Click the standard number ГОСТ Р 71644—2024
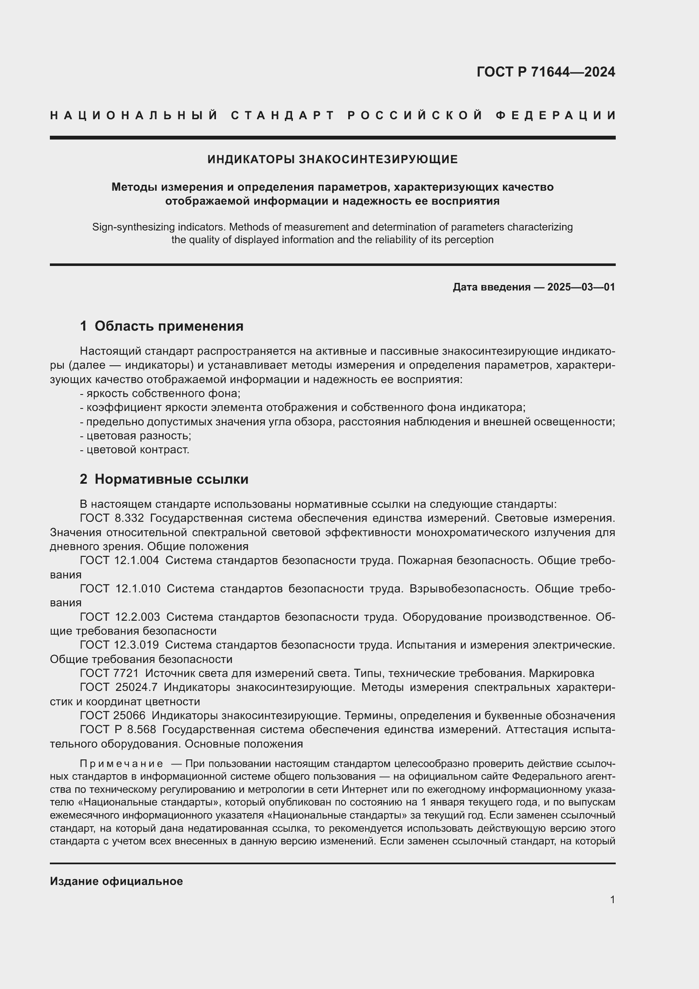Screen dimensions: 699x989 click(545, 71)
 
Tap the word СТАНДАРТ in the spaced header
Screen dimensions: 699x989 click(283, 115)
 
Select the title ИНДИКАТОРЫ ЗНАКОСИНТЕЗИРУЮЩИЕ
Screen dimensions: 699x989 click(332, 159)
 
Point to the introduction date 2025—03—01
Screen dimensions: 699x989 click(581, 287)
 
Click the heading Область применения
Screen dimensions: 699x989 click(169, 326)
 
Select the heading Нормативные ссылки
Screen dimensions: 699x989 click(171, 479)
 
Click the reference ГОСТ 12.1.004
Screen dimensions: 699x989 click(119, 560)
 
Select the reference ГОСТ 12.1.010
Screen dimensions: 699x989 click(120, 589)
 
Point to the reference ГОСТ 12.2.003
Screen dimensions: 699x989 click(120, 617)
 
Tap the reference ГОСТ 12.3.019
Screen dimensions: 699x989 click(119, 645)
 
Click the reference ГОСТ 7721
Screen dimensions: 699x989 click(109, 673)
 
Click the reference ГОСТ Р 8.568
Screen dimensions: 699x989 click(117, 730)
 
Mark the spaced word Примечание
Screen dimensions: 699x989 click(121, 764)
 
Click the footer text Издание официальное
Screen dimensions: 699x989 click(116, 881)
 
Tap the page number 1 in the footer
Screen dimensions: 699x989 click(612, 899)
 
